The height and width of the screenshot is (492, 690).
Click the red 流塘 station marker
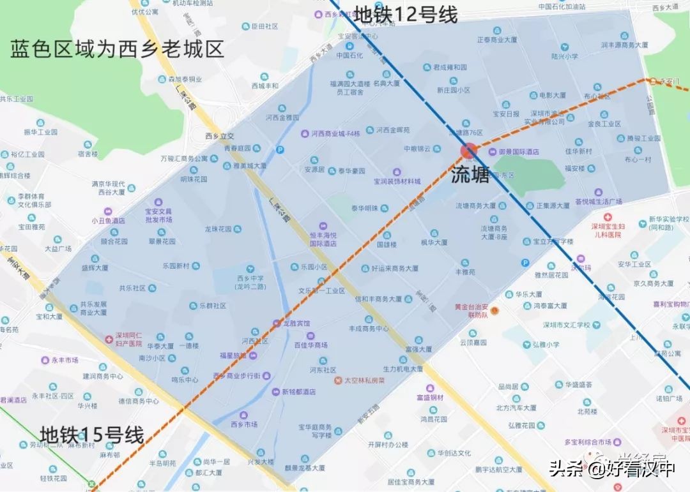(x=469, y=151)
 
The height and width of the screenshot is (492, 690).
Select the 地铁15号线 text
(x=92, y=435)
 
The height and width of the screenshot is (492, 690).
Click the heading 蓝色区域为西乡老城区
(x=117, y=49)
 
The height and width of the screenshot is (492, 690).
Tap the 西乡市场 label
(x=243, y=424)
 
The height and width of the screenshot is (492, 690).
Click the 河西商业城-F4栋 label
(x=335, y=133)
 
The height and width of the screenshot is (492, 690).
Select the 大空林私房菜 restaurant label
(x=364, y=380)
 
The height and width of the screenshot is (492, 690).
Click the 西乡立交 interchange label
(x=220, y=135)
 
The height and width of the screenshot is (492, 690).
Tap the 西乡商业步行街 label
(x=245, y=376)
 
